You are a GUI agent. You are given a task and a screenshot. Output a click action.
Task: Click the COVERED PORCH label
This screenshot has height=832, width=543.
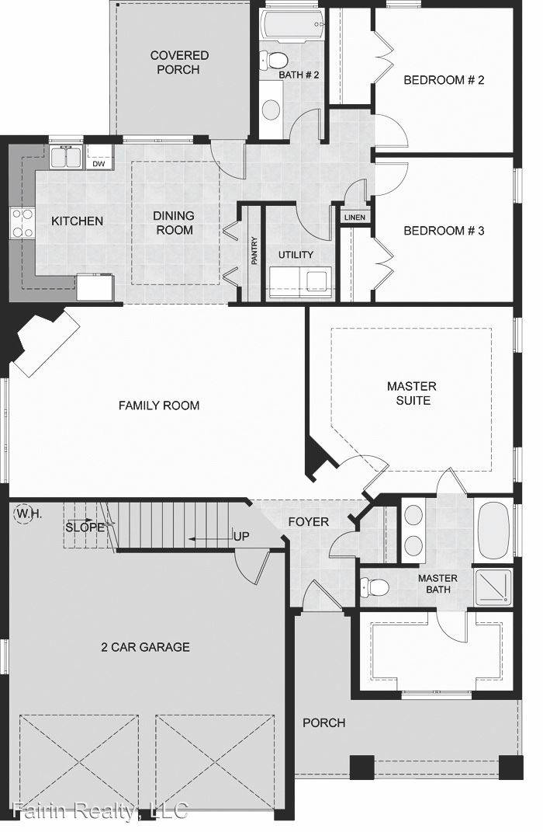(x=179, y=62)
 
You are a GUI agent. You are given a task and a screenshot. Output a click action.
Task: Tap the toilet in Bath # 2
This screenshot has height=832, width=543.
(x=272, y=59)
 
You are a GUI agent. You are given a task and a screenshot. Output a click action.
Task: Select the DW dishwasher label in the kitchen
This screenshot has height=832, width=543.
(x=99, y=164)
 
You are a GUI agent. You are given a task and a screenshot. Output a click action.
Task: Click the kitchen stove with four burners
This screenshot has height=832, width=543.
(x=22, y=223)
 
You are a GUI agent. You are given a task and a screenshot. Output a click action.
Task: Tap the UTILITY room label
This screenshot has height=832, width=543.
(x=296, y=255)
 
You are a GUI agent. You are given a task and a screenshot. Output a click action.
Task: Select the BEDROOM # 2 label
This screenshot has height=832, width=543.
(x=444, y=79)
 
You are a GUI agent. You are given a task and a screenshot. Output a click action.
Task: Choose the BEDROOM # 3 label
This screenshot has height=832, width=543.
(x=444, y=230)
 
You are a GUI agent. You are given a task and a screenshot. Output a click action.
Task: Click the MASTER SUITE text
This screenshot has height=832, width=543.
(x=412, y=393)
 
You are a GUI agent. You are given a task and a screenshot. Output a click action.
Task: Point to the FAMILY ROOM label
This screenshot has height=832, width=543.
(x=159, y=405)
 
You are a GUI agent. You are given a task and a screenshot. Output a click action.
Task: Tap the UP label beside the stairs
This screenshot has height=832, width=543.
(x=241, y=537)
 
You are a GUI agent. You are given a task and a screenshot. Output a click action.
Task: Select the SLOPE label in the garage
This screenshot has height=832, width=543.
(x=85, y=527)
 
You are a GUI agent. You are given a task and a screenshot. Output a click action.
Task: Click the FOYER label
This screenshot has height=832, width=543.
(x=308, y=521)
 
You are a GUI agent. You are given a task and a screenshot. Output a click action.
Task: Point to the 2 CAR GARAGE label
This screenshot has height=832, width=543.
(x=145, y=646)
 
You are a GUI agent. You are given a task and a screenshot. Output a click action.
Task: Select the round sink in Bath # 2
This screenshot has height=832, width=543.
(x=271, y=109)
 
